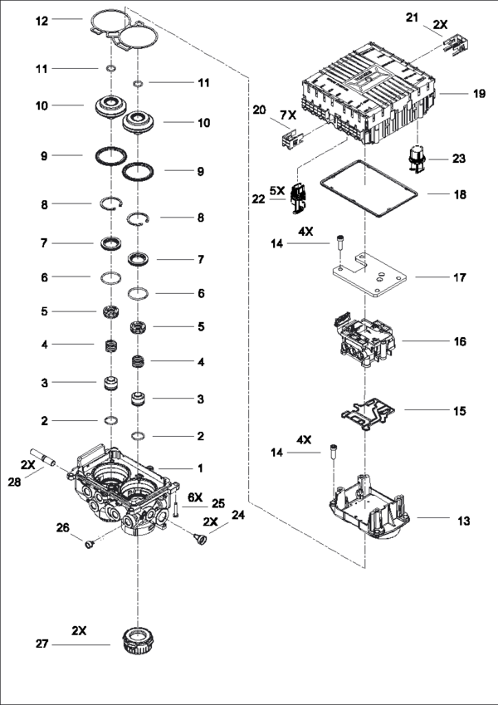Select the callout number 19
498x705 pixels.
click(x=479, y=95)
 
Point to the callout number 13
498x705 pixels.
click(x=463, y=521)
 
